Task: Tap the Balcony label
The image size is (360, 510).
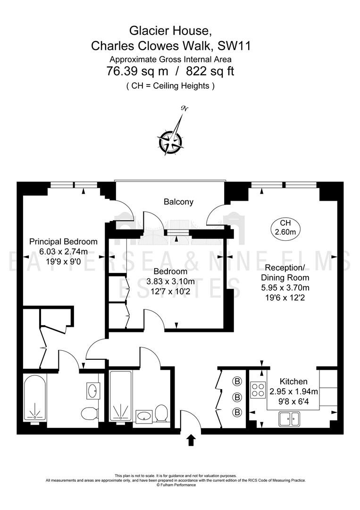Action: coord(178,202)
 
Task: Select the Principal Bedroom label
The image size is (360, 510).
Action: coord(63,242)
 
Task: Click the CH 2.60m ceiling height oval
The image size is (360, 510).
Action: coord(285,227)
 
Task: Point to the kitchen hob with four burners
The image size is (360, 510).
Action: coord(258,389)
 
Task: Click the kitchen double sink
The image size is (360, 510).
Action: coord(289,419)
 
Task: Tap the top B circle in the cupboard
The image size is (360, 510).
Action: coord(237,381)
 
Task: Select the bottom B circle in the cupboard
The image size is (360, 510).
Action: coord(237,412)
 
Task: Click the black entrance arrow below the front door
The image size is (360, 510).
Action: coord(191,440)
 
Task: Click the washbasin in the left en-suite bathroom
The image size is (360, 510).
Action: coord(92,390)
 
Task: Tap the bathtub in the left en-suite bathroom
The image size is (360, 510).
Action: coord(35,399)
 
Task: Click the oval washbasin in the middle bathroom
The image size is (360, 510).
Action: coord(143,416)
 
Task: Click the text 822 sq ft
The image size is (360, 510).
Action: coord(210,71)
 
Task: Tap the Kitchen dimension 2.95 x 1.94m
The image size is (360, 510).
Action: coord(294,391)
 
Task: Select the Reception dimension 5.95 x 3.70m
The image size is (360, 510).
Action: coord(285,288)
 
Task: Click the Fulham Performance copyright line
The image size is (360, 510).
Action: coord(176,485)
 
